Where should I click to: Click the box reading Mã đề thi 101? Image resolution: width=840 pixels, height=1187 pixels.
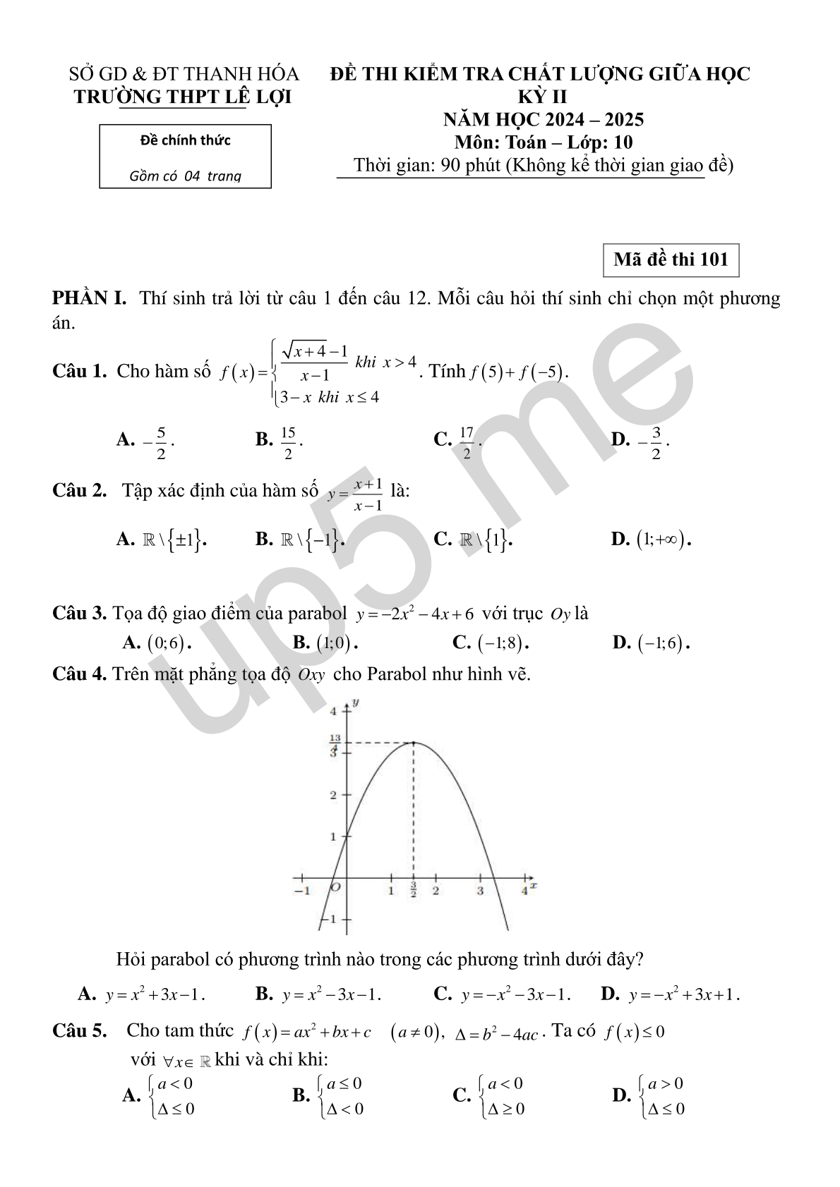tap(671, 260)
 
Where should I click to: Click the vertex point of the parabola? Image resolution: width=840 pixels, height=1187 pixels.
tap(414, 742)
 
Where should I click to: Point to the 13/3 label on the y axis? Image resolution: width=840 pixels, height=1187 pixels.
tap(335, 744)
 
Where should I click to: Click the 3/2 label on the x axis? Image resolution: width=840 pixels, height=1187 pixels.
tap(414, 890)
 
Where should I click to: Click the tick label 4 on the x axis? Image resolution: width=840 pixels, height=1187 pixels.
tap(524, 890)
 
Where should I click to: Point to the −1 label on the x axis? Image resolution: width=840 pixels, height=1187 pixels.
tap(302, 890)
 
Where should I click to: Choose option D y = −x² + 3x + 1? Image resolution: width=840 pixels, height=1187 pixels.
tap(671, 995)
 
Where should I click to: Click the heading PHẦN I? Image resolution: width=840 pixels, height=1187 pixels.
tap(90, 298)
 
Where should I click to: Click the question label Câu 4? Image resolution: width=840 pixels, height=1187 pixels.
tap(79, 674)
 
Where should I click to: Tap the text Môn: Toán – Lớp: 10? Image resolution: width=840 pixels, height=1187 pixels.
tap(544, 142)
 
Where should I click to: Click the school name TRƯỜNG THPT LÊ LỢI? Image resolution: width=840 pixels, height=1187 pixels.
tap(183, 96)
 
